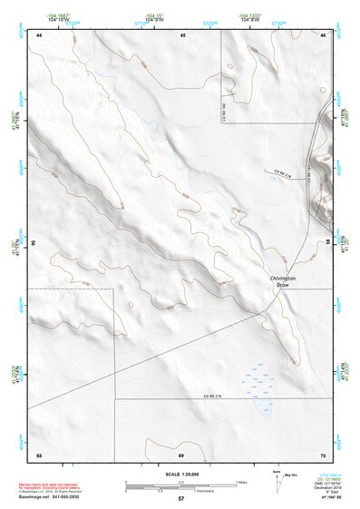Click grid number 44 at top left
39,34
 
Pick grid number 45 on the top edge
182,34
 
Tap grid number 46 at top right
323,34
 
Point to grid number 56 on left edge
33,243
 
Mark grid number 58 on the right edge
328,243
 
